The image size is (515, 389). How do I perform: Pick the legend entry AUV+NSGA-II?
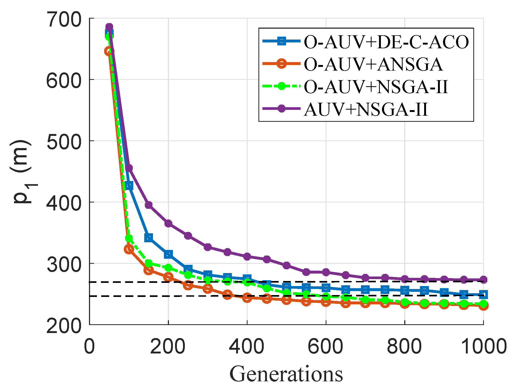[x=365, y=109]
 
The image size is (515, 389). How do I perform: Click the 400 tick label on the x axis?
[x=247, y=347]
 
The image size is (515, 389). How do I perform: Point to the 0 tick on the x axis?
[x=89, y=347]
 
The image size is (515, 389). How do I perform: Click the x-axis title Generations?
[x=286, y=374]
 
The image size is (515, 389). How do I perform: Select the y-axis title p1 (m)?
[x=23, y=172]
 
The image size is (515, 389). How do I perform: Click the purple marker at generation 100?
[x=129, y=168]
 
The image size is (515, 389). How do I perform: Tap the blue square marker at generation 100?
[x=129, y=186]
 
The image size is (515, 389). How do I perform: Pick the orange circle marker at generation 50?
[x=109, y=51]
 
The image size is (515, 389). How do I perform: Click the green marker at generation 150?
[x=148, y=263]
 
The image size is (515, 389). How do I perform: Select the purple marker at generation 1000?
[x=483, y=280]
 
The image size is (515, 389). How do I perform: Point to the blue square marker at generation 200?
[x=168, y=254]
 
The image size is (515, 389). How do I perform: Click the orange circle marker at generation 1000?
[x=483, y=306]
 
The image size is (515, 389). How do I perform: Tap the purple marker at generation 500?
[x=286, y=265]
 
